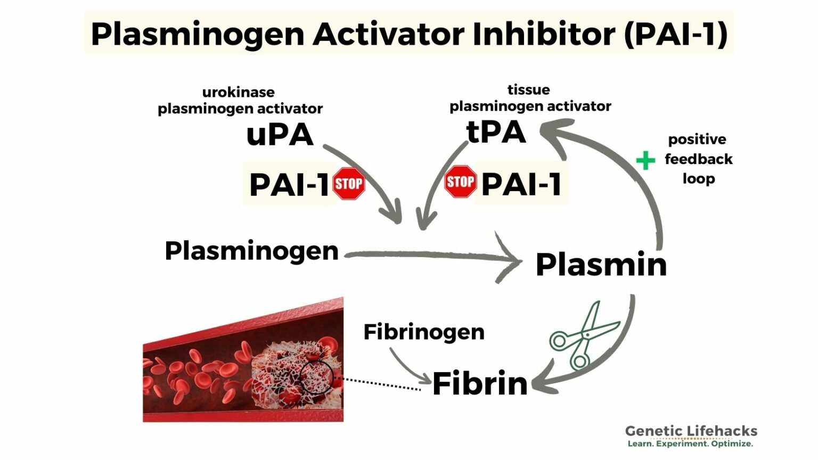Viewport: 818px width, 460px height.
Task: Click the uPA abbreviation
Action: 280,135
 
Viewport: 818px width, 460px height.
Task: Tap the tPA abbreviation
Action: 496,132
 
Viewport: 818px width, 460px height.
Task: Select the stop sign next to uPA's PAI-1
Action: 349,184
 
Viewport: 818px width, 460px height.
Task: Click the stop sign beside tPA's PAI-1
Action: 461,182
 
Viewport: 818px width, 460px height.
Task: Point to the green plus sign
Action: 645,160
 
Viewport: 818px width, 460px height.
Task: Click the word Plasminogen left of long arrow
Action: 251,251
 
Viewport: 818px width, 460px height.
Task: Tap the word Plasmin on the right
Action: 601,265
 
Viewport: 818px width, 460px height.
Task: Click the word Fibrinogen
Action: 424,332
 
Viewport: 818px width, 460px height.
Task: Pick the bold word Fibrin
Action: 480,384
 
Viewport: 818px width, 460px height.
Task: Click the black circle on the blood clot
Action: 316,376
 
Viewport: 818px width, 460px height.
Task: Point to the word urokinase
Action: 239,92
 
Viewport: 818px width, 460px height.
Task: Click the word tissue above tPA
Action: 528,89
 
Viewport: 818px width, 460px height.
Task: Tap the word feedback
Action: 698,159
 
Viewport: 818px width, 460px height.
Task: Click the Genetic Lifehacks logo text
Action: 691,431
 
